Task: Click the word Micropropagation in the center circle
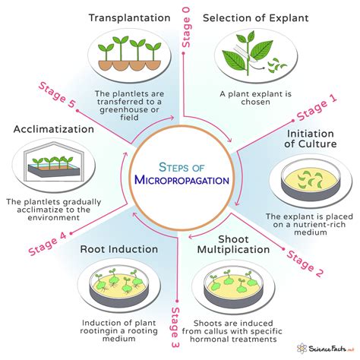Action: (x=179, y=180)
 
